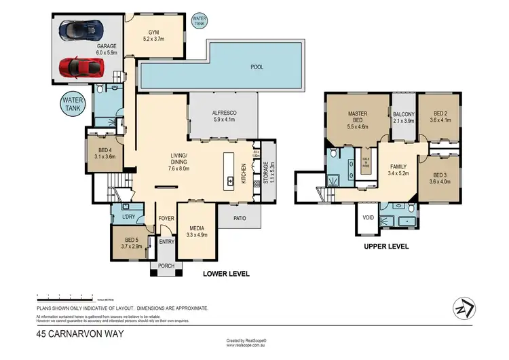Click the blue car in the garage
click(x=81, y=30)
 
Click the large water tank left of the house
click(x=73, y=105)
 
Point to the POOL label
click(x=257, y=67)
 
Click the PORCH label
click(x=166, y=266)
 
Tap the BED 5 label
click(x=133, y=239)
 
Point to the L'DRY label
click(x=128, y=217)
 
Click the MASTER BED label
click(x=357, y=117)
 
